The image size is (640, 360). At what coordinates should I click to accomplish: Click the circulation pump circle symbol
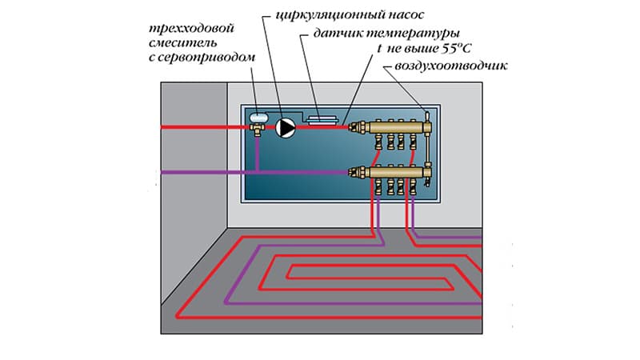point(286,128)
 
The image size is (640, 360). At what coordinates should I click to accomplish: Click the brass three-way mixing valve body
point(257,129)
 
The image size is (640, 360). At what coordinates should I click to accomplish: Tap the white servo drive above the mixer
point(258,118)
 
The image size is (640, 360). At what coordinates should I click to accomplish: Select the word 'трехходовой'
point(191,29)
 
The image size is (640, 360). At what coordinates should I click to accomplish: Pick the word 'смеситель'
point(182,43)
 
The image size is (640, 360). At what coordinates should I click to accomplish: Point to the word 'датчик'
point(338,34)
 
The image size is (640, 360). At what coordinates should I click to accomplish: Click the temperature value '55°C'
point(457,49)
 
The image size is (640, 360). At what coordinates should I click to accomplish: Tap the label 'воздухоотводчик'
point(451,66)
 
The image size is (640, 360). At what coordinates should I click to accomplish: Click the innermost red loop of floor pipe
point(370,272)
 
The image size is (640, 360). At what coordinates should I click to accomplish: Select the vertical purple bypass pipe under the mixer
point(257,154)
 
